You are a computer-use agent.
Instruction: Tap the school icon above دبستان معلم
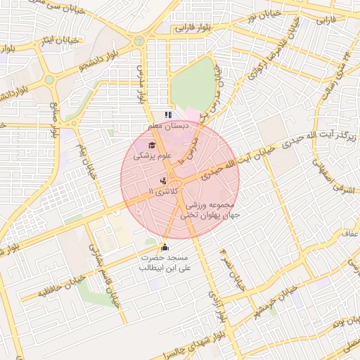click(167, 115)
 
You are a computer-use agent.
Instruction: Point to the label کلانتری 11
click(166, 191)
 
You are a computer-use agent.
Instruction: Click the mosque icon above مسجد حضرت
click(165, 247)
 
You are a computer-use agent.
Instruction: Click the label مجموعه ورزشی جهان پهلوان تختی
click(212, 210)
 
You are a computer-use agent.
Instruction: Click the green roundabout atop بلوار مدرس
click(139, 41)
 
